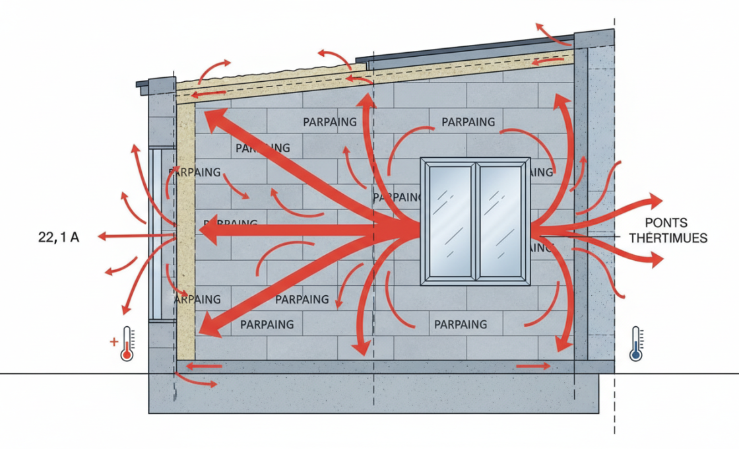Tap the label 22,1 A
pyautogui.click(x=59, y=236)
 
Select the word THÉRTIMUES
pyautogui.click(x=668, y=238)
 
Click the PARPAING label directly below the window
pyautogui.click(x=461, y=324)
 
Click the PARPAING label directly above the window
pyautogui.click(x=468, y=122)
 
